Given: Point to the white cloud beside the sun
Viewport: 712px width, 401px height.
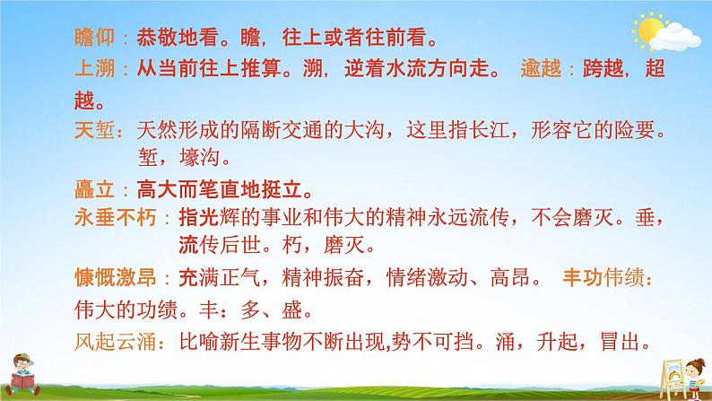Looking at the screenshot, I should click(x=674, y=38).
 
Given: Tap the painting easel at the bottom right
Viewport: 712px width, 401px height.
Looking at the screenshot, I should click(x=668, y=367).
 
